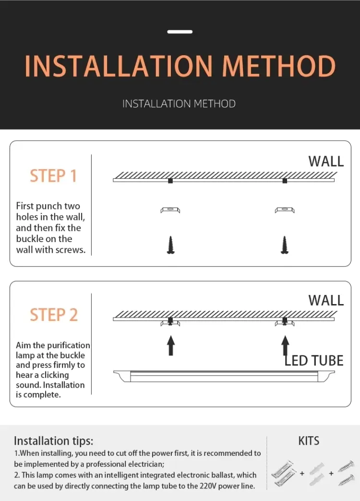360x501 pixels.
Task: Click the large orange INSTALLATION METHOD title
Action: point(180,66)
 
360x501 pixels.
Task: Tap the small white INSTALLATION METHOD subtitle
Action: point(179,104)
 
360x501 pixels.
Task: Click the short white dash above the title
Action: point(180,32)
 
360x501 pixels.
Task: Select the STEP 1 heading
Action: point(53,176)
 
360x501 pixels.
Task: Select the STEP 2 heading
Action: point(53,315)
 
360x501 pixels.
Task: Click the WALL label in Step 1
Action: point(326,161)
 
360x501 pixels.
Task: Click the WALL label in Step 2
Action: point(326,301)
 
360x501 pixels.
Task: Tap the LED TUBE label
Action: point(314,361)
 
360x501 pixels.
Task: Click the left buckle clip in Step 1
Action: point(170,210)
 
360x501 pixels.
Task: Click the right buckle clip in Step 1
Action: point(285,210)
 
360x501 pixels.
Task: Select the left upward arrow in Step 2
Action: point(170,345)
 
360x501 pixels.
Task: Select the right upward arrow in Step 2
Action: point(285,345)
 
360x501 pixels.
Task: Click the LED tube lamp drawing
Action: point(223,376)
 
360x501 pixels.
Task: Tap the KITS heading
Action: point(309,441)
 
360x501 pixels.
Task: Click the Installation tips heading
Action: point(53,441)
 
